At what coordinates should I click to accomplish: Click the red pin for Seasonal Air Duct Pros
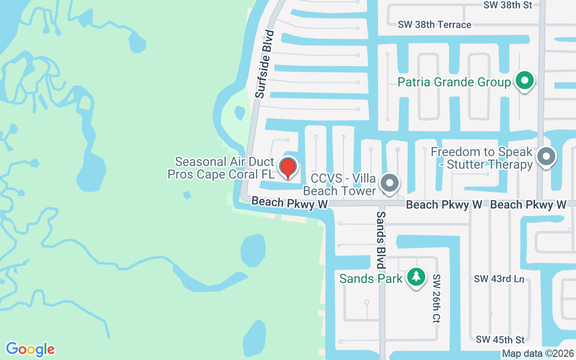coord(288,167)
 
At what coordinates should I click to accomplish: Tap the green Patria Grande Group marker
coord(524,81)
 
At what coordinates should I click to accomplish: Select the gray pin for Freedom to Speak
coord(547,157)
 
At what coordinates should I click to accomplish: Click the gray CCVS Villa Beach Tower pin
coord(390,183)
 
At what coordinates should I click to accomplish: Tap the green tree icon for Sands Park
coord(416,276)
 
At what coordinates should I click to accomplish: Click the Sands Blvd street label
coord(381,240)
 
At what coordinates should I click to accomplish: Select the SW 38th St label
coord(508,5)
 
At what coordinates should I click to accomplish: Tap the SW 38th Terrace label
coord(434,25)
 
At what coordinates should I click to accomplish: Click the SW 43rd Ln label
coord(499,279)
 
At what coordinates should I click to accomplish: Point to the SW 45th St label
coord(500,339)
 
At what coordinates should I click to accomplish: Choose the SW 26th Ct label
coord(436,299)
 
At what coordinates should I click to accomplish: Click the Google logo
coord(30,349)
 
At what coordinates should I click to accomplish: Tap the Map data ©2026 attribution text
coord(538,354)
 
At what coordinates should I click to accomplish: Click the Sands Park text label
coord(371,279)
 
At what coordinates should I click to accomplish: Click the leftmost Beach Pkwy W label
coord(289,203)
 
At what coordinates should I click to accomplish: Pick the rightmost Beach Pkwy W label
coord(528,205)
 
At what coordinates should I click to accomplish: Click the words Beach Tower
coord(339,191)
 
